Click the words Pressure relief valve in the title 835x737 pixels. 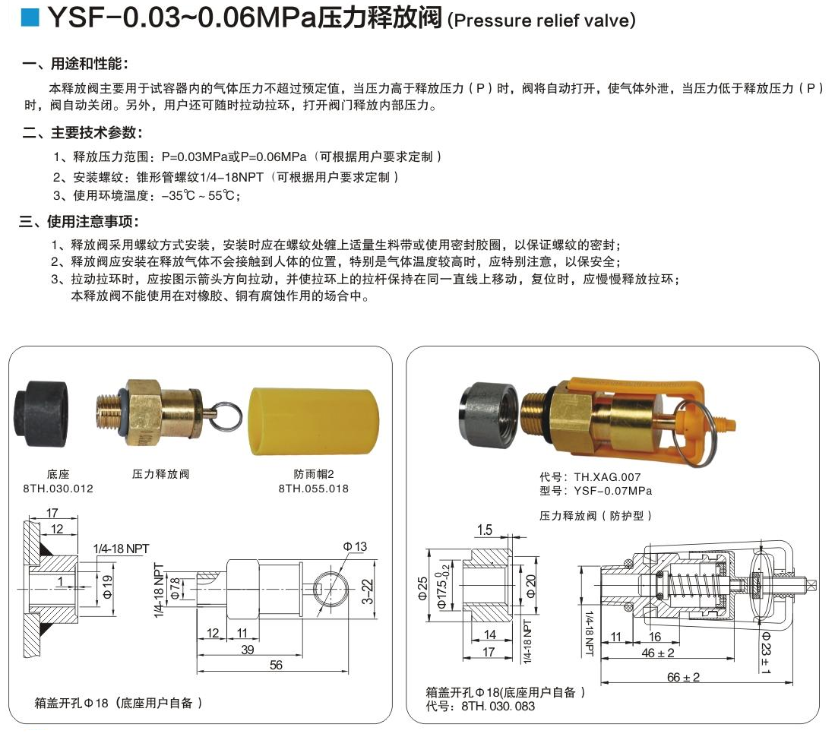pyautogui.click(x=541, y=21)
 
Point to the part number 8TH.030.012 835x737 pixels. pyautogui.click(x=58, y=489)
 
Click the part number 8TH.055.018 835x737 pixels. pyautogui.click(x=314, y=489)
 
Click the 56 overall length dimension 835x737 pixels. pyautogui.click(x=276, y=665)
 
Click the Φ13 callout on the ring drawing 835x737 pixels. pyautogui.click(x=354, y=546)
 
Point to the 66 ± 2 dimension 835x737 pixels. pyautogui.click(x=683, y=677)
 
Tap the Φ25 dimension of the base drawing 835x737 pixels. pyautogui.click(x=422, y=587)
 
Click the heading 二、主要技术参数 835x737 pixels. pyautogui.click(x=81, y=133)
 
